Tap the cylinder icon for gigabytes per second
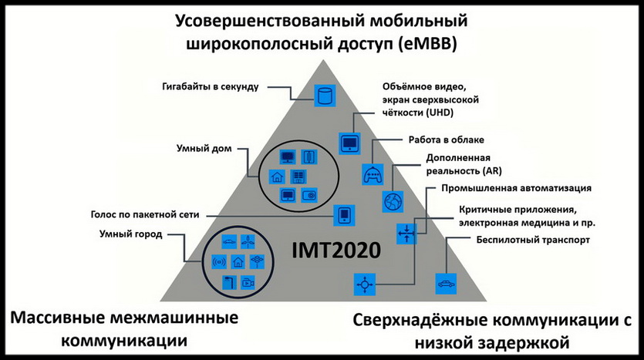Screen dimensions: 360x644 tap(325, 97)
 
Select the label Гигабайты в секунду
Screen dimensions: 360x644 tap(206, 86)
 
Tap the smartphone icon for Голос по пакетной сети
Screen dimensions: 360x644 tap(344, 215)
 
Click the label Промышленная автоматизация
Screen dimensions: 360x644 tap(505, 187)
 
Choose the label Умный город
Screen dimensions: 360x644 tap(130, 234)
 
